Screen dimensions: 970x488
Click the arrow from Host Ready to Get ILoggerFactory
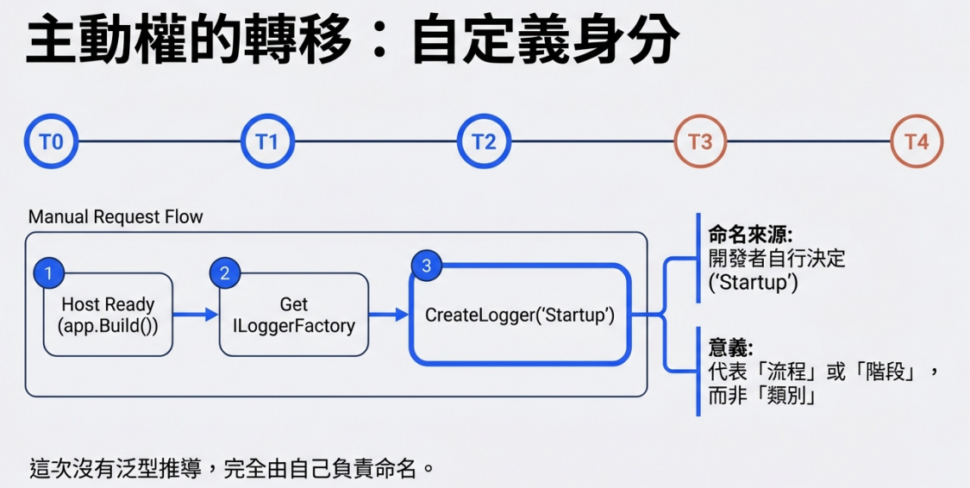tap(196, 315)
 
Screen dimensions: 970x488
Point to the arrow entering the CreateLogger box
tap(389, 315)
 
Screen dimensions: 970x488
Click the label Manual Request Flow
tap(116, 217)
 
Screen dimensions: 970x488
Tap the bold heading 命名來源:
tap(750, 235)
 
